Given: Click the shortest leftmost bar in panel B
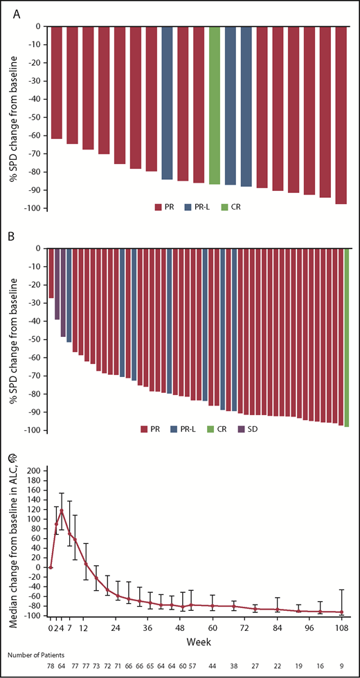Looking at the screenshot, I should [x=51, y=273].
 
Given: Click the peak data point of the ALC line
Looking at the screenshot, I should [x=62, y=511].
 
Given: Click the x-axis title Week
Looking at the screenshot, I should [x=195, y=642].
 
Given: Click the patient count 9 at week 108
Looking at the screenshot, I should [x=342, y=669].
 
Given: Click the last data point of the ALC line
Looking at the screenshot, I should [x=341, y=612].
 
